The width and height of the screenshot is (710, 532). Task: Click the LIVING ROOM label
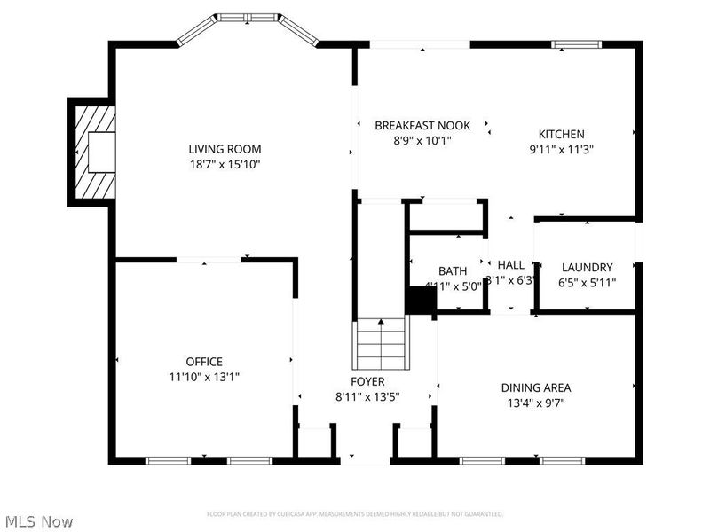click(225, 149)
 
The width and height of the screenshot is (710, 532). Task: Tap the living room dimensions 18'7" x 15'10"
click(225, 164)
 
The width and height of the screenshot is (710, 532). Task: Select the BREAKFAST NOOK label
click(422, 125)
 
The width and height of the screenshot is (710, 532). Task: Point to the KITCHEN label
click(561, 134)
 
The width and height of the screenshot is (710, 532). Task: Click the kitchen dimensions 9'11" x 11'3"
click(561, 150)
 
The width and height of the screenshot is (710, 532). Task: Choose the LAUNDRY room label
click(587, 267)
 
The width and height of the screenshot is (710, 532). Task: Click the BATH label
click(453, 270)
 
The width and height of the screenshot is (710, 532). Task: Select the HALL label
click(510, 265)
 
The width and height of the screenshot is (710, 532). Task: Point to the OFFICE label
click(204, 361)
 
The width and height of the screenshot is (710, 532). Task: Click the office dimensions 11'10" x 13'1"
click(204, 377)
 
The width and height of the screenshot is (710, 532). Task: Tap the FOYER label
click(367, 381)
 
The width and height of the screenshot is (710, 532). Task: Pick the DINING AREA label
click(536, 387)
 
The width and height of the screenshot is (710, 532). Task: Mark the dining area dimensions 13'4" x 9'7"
click(536, 403)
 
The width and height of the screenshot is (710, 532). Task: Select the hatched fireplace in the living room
click(93, 152)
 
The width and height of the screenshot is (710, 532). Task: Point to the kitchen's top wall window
click(576, 43)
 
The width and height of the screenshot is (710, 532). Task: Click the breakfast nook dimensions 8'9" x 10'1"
click(422, 140)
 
